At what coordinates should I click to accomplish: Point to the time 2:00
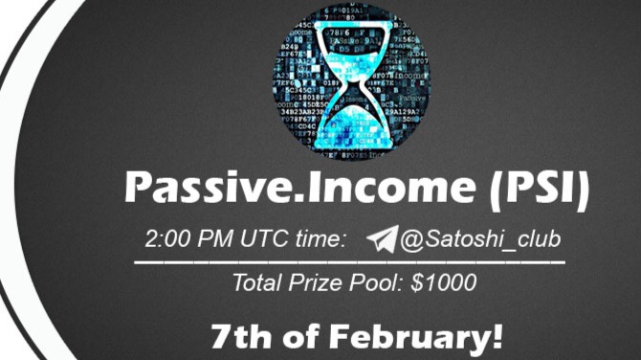pos(169,239)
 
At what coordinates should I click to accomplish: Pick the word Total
pos(262,283)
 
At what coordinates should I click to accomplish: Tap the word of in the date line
pos(298,337)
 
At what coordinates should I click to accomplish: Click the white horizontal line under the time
pos(348,261)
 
